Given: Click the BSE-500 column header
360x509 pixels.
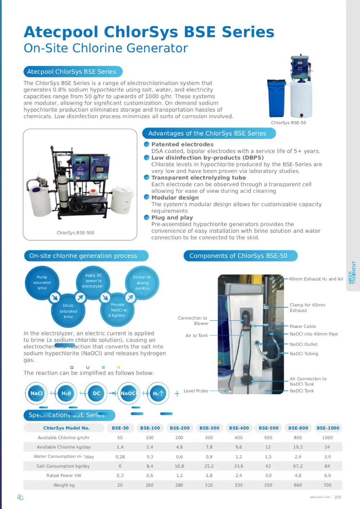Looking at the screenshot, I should (x=269, y=428).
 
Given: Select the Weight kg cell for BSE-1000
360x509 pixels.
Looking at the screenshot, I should (x=327, y=485).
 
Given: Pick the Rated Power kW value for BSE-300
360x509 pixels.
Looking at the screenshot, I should (x=209, y=476).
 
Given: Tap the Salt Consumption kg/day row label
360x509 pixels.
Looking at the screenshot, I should (x=63, y=466).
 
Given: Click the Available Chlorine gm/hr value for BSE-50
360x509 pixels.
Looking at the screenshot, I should (x=120, y=438).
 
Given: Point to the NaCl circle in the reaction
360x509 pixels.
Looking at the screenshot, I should (x=36, y=393).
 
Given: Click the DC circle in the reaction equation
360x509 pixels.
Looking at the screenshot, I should (x=96, y=393).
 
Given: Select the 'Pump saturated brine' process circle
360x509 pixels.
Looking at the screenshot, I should (x=42, y=283).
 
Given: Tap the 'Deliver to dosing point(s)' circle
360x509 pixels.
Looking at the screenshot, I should (x=142, y=283).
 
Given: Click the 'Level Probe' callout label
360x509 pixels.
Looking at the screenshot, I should (x=196, y=391).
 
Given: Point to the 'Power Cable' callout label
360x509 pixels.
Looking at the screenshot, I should (x=303, y=326).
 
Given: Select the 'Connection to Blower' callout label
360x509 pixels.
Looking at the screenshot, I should (x=193, y=321).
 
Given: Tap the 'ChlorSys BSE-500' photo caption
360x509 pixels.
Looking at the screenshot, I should (x=76, y=233).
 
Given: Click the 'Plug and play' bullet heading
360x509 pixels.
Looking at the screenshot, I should (x=172, y=218).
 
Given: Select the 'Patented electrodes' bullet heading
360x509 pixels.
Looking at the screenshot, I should (x=182, y=144).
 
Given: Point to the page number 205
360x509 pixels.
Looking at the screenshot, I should (x=338, y=497).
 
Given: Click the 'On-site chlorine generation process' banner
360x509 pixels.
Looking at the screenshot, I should (x=83, y=256).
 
